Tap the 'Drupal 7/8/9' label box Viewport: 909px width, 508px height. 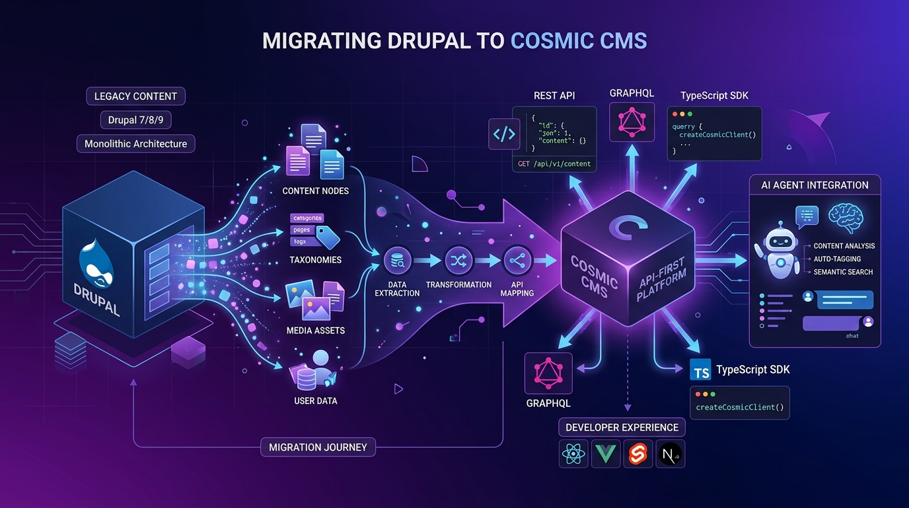click(x=136, y=120)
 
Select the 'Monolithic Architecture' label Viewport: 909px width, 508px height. click(x=136, y=144)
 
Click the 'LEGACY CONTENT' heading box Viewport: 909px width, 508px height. click(x=136, y=96)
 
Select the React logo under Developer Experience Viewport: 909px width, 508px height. click(x=574, y=454)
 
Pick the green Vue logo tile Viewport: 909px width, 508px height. click(x=606, y=454)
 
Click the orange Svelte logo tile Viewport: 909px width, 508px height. click(x=637, y=454)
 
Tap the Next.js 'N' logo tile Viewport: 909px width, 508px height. click(x=670, y=454)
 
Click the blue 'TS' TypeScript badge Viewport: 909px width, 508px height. click(x=700, y=370)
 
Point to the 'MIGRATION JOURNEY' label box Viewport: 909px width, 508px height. click(x=318, y=447)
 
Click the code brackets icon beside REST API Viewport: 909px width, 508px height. click(x=503, y=134)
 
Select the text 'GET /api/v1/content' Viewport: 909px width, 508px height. click(x=554, y=163)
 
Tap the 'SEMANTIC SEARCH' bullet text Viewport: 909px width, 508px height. click(x=843, y=272)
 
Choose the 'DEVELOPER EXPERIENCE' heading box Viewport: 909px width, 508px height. click(x=622, y=427)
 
